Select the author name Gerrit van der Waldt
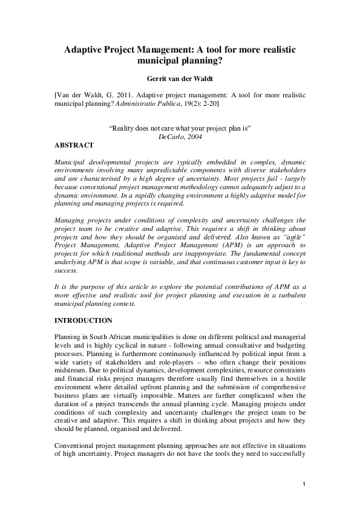pos(180,77)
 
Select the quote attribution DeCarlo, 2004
pos(180,137)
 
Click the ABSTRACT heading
pos(74,146)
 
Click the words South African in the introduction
pos(106,336)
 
